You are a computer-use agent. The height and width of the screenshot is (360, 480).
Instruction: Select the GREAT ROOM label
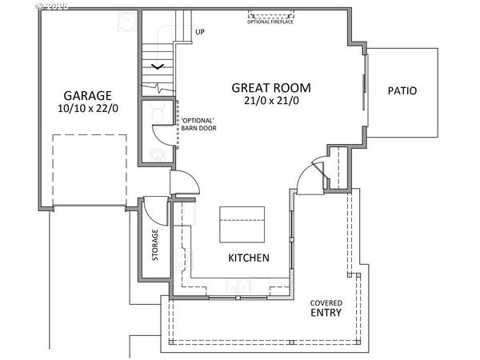(270, 87)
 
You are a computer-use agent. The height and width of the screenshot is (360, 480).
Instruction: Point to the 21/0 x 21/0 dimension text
(270, 101)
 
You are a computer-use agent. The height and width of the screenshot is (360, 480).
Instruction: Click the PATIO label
(403, 90)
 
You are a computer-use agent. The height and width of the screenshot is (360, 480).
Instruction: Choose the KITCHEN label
(249, 258)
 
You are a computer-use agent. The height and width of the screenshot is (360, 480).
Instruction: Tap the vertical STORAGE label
(156, 246)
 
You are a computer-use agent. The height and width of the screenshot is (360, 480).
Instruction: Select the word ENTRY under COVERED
(327, 313)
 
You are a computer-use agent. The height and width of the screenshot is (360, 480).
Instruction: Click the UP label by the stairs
(200, 33)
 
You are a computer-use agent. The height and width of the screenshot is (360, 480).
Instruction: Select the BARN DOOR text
(198, 129)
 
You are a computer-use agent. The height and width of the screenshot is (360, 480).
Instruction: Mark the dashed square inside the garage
(90, 168)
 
